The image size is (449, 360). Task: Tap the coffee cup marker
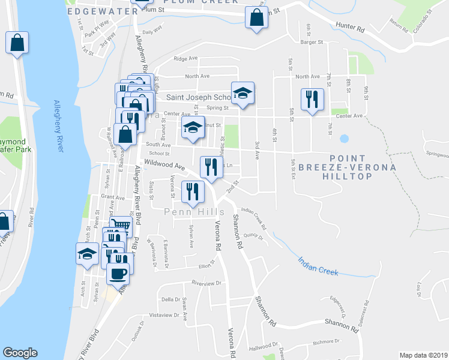point(118,273)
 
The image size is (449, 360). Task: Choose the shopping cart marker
point(121,225)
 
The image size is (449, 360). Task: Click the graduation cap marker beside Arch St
point(88,253)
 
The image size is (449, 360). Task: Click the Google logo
point(20,353)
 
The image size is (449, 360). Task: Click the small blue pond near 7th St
point(344,138)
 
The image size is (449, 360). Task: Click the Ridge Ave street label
point(185,59)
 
